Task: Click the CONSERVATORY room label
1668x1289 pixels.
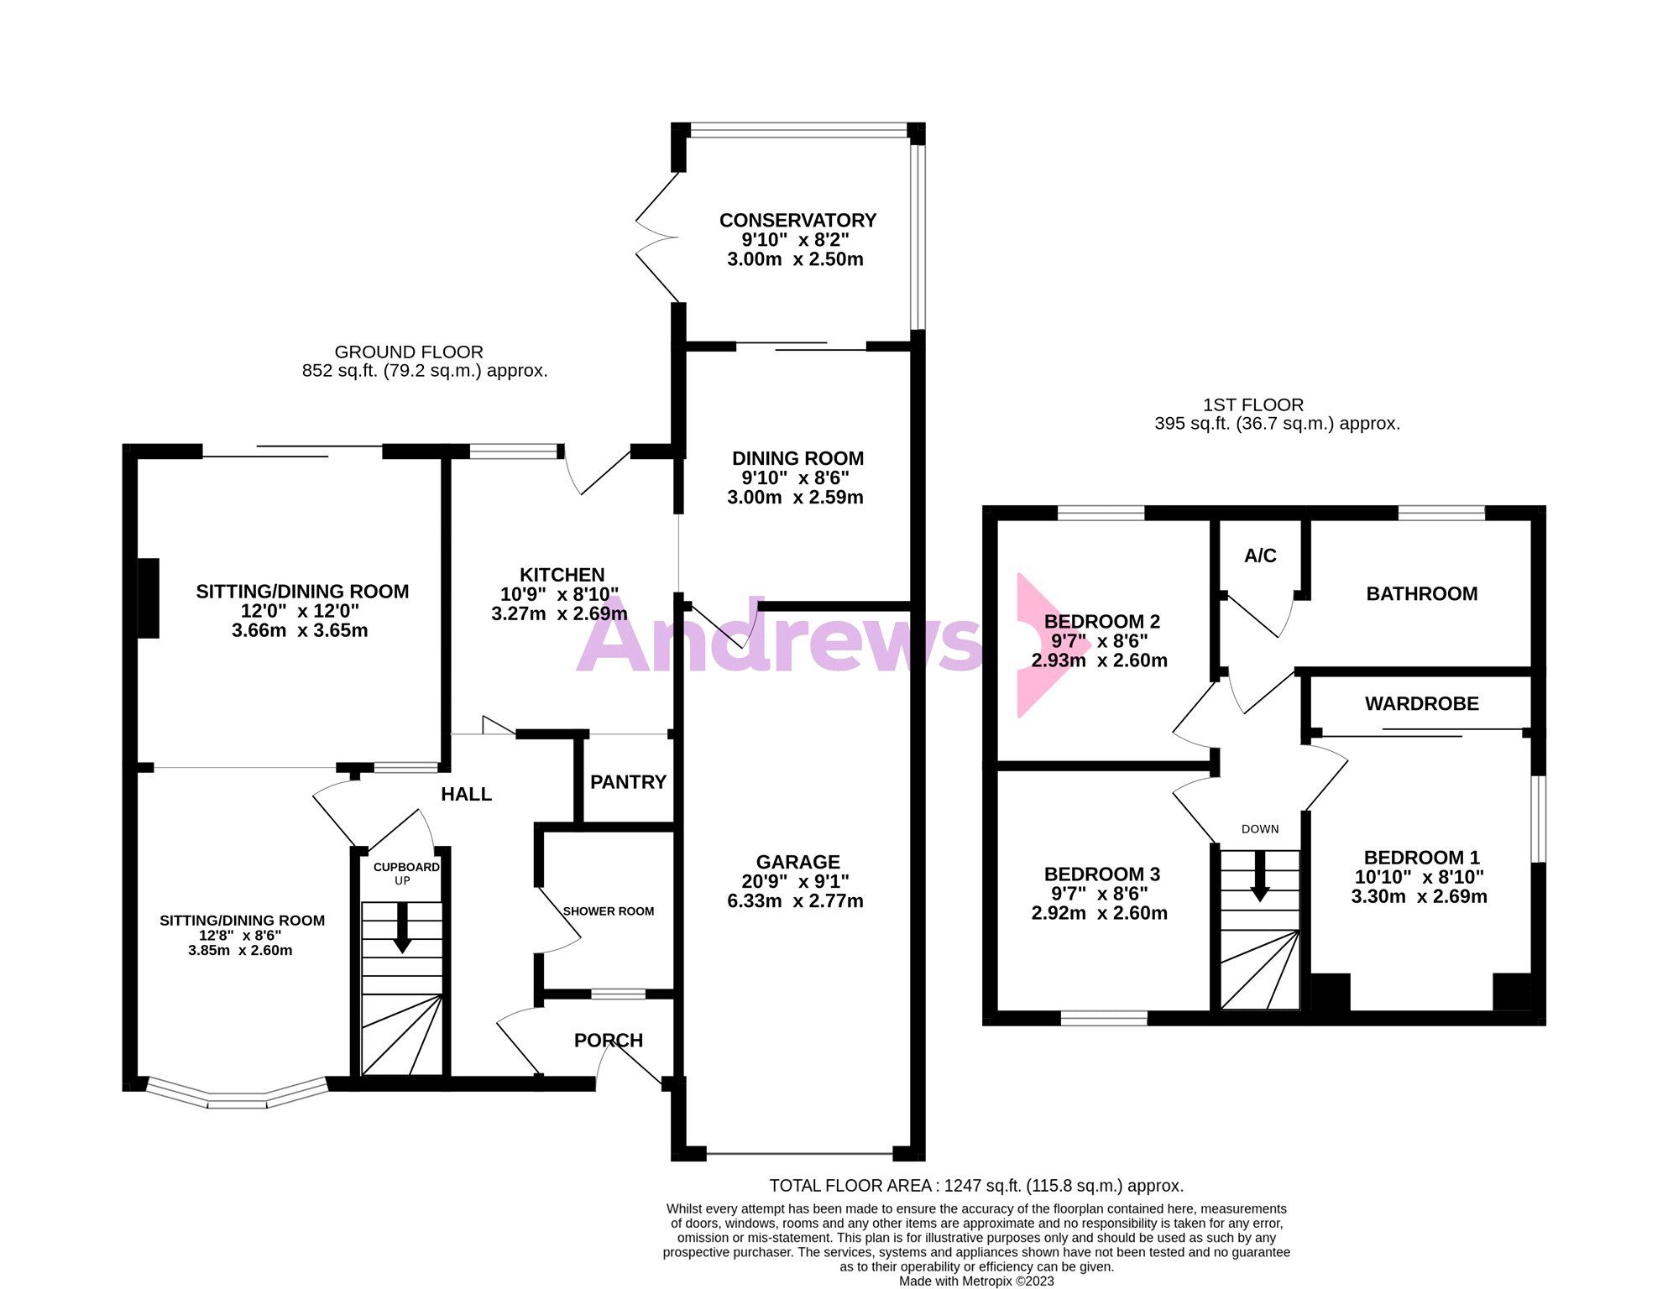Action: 797,221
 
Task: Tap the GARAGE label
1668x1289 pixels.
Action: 797,862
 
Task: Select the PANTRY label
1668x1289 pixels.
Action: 628,782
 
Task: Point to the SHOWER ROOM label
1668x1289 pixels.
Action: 608,911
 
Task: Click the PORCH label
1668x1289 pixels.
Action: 608,1041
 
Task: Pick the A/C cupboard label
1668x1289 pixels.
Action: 1260,556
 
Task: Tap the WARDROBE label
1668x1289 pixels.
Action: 1421,704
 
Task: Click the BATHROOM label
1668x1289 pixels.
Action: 1421,594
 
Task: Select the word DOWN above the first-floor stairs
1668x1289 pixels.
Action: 1260,829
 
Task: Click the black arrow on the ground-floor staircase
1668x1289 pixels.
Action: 402,928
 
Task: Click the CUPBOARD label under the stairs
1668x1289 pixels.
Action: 406,867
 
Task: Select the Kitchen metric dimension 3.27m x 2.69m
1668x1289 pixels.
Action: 559,613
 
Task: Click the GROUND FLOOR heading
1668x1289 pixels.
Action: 409,352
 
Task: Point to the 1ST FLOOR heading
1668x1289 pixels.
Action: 1252,405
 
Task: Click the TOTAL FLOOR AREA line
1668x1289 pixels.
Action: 976,1186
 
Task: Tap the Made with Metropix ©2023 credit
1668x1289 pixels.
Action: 976,1281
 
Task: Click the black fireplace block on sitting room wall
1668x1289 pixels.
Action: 149,598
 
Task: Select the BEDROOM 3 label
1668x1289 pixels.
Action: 1101,874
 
